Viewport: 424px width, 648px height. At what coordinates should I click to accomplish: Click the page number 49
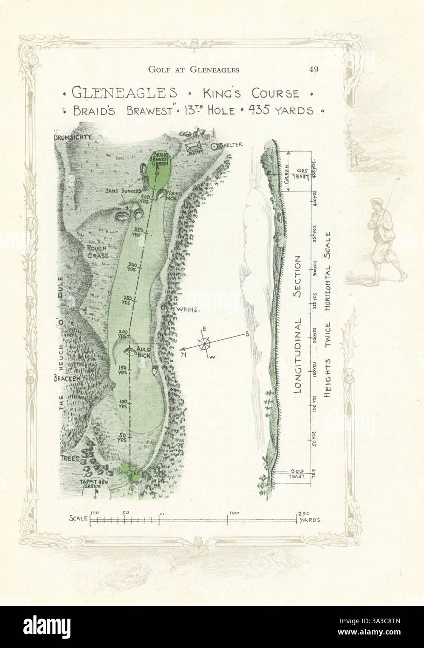coord(313,70)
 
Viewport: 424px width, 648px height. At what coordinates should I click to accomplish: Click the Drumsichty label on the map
coord(71,137)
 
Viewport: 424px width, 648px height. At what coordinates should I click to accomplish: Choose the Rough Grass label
coord(97,252)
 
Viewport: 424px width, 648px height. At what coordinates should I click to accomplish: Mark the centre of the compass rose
coord(204,345)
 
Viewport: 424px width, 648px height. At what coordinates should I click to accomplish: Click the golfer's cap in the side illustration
coord(374,202)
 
